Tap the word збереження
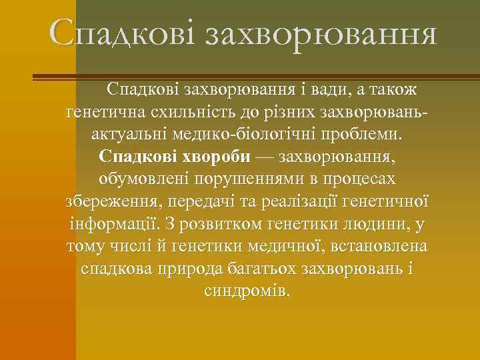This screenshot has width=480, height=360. pyautogui.click(x=113, y=202)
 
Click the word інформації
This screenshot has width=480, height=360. pyautogui.click(x=112, y=225)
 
